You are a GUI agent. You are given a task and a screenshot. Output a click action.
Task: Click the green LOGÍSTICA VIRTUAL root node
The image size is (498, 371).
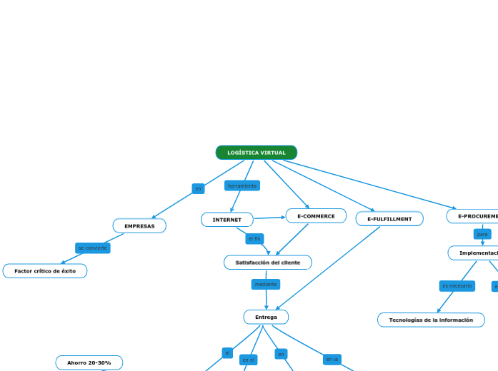click(256, 153)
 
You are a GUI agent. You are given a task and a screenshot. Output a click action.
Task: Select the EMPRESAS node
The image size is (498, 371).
click(139, 226)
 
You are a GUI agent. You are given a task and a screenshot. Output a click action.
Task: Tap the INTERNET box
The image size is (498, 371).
click(227, 220)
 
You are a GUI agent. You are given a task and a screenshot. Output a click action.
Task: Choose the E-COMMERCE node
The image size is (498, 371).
click(316, 216)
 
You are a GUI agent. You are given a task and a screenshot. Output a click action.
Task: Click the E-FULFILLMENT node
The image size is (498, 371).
click(389, 219)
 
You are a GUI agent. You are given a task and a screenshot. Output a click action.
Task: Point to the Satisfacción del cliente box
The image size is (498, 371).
click(268, 263)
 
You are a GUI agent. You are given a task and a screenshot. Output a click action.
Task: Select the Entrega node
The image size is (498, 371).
click(266, 317)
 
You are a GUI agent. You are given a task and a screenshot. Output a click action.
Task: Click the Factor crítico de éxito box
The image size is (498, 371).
click(45, 271)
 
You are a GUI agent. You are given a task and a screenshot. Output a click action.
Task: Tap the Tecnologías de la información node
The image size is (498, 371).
click(431, 320)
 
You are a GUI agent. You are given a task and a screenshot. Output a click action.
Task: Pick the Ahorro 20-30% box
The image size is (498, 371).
click(89, 362)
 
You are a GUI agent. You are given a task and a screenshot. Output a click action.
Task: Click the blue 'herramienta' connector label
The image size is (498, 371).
click(242, 185)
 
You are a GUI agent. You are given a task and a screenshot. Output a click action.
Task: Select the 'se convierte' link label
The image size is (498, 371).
click(93, 248)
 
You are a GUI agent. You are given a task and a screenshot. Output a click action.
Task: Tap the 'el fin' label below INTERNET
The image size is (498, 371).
click(254, 238)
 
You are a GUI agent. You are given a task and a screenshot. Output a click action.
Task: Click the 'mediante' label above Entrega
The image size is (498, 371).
click(266, 284)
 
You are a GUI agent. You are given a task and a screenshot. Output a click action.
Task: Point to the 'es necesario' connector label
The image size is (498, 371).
click(457, 285)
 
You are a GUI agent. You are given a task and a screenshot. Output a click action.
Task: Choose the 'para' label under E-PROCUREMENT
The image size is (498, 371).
click(482, 234)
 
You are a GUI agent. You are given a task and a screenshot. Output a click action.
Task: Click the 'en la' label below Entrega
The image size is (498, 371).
click(332, 359)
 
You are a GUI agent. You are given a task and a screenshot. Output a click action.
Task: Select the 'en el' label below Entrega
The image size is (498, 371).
click(248, 360)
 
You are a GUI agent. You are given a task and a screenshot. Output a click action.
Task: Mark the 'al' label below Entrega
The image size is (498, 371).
click(227, 352)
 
